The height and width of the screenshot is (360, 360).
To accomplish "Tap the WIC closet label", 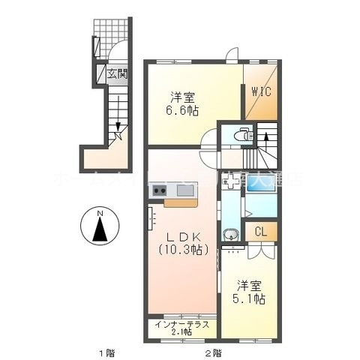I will point(261,92).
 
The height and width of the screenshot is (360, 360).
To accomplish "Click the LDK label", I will point(179,238).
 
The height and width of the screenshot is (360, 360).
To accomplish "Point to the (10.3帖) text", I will point(179,251).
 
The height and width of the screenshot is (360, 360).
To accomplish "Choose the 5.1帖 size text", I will point(250,298).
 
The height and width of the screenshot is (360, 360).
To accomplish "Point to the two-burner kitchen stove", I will point(160,191).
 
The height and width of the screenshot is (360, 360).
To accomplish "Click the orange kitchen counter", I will point(180,201).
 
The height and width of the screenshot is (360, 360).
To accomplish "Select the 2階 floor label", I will point(211,352).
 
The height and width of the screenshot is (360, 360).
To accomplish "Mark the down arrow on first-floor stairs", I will point(116,136).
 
